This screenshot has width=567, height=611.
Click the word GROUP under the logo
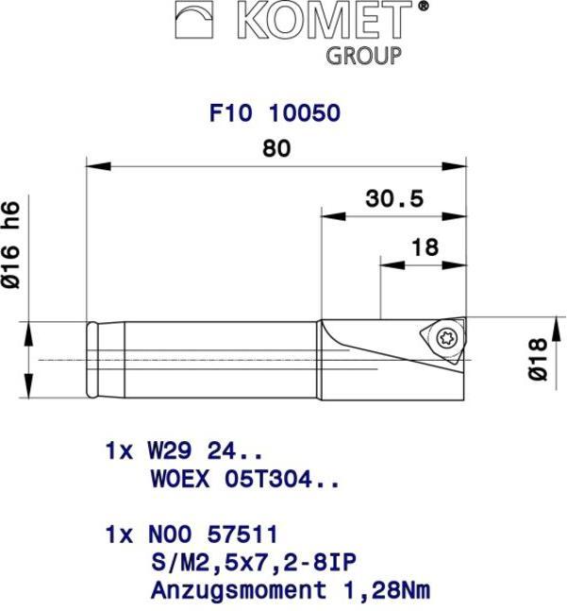tap(363, 55)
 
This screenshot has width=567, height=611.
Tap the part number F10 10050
tap(274, 113)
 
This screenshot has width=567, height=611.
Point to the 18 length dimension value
tap(425, 246)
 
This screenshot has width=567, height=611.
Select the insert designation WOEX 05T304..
tap(244, 478)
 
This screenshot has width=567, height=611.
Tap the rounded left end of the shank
tap(92, 360)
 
